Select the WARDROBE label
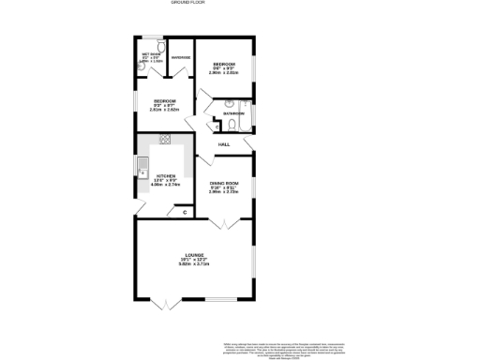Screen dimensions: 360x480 click(x=181, y=58)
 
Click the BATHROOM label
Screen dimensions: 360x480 click(x=233, y=114)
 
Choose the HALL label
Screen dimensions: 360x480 click(x=224, y=144)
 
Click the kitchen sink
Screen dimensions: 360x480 click(x=140, y=170)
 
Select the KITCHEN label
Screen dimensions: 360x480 click(x=165, y=175)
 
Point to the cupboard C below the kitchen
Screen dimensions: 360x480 click(x=185, y=212)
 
